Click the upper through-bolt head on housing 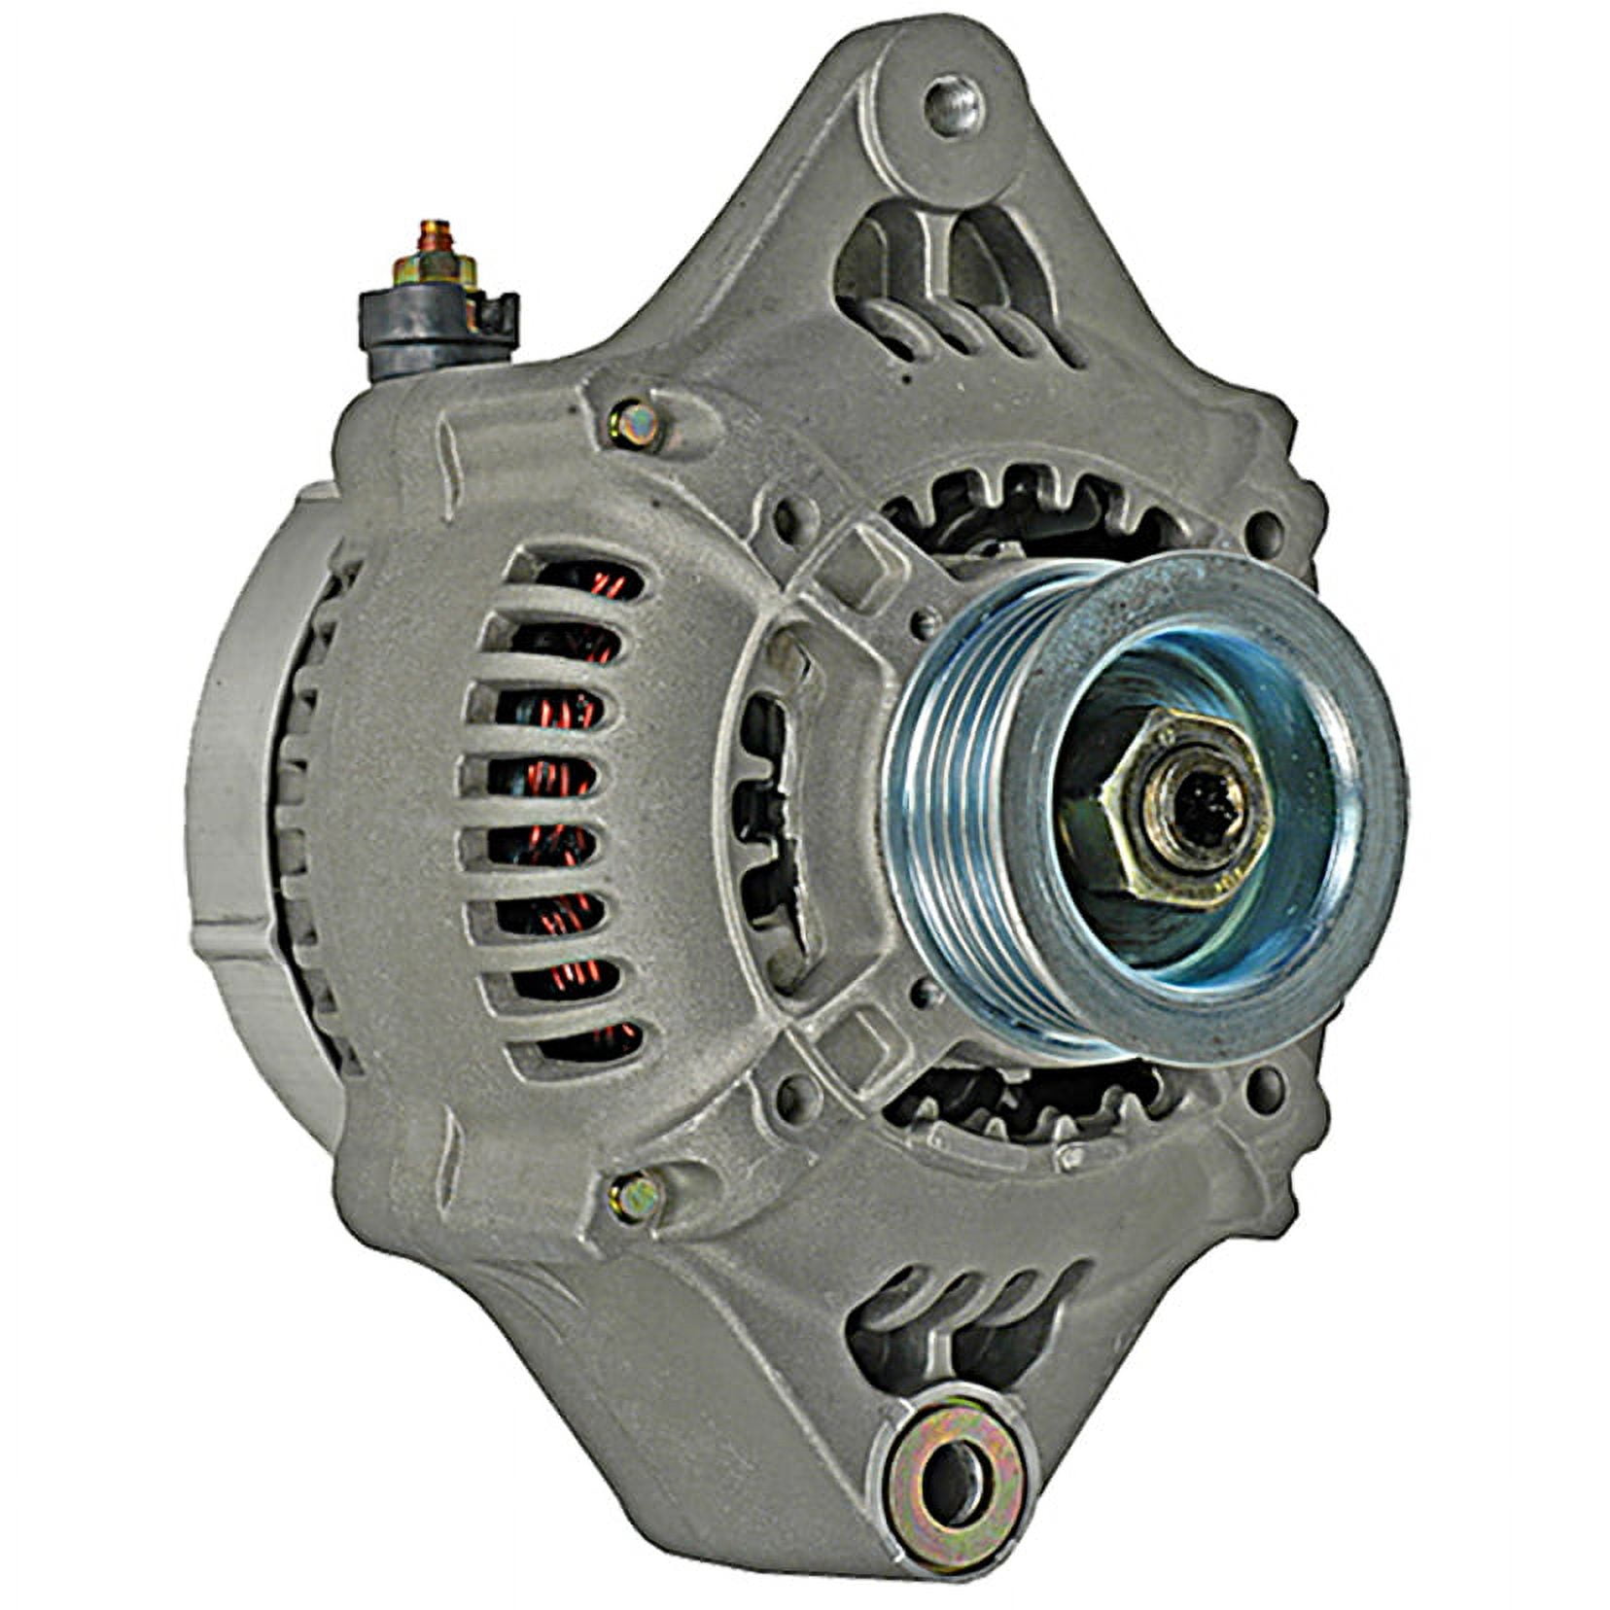(634, 422)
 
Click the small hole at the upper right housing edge (1263, 531)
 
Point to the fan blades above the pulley (1031, 506)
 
